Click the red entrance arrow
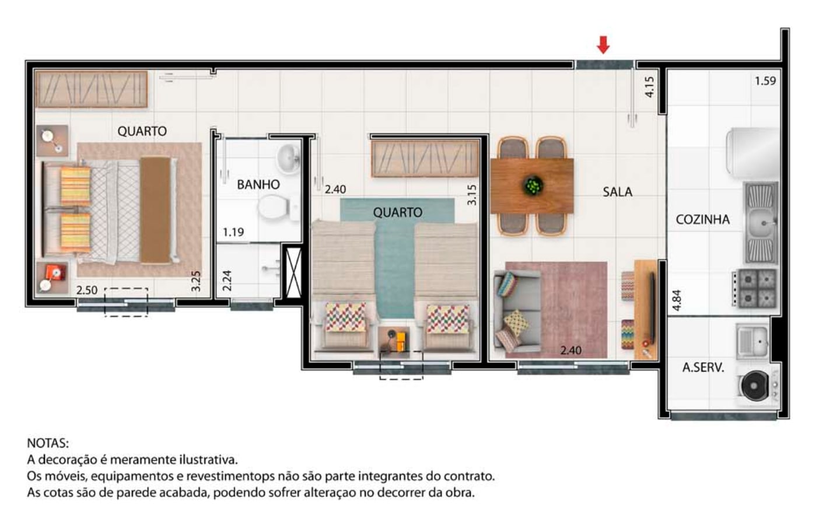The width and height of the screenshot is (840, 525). tap(603, 44)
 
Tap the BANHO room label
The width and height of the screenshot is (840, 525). tap(258, 184)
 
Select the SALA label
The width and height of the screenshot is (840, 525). tap(617, 192)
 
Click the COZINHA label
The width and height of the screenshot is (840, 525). tap(702, 219)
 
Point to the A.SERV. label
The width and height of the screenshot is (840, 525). tap(703, 367)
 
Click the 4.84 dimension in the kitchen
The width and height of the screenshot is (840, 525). tap(677, 300)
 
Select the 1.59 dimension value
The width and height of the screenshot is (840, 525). tap(765, 81)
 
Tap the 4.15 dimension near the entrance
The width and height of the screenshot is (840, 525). tap(649, 87)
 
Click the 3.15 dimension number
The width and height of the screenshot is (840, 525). tap(472, 195)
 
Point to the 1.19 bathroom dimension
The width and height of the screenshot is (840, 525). tap(233, 233)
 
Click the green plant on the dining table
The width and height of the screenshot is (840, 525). tap(533, 185)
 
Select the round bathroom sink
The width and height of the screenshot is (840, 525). tap(288, 158)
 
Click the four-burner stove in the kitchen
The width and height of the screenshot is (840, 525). tap(754, 288)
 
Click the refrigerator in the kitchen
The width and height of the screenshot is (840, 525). tap(752, 152)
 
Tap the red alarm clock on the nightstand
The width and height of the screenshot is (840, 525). tap(54, 272)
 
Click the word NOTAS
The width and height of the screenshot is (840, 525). tap(48, 443)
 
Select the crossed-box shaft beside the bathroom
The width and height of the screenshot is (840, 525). tap(293, 272)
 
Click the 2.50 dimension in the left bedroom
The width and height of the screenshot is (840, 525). tap(87, 290)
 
